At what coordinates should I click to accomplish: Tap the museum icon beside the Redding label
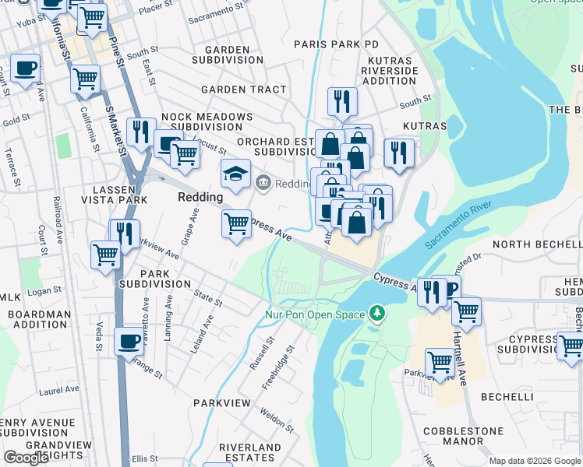tap(263, 183)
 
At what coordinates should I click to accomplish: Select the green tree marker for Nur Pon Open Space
tap(378, 314)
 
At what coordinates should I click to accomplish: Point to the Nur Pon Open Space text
tap(315, 314)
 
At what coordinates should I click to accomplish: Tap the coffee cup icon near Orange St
tap(129, 341)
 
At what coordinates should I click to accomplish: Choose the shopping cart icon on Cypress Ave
tap(236, 225)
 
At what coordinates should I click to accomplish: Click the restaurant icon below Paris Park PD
tap(342, 101)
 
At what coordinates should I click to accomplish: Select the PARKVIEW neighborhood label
tap(222, 403)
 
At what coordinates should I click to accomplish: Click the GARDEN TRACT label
tap(243, 90)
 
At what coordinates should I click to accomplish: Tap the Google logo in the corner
tap(26, 458)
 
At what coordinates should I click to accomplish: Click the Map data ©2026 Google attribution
tap(535, 461)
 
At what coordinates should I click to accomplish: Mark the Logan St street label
tap(44, 290)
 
